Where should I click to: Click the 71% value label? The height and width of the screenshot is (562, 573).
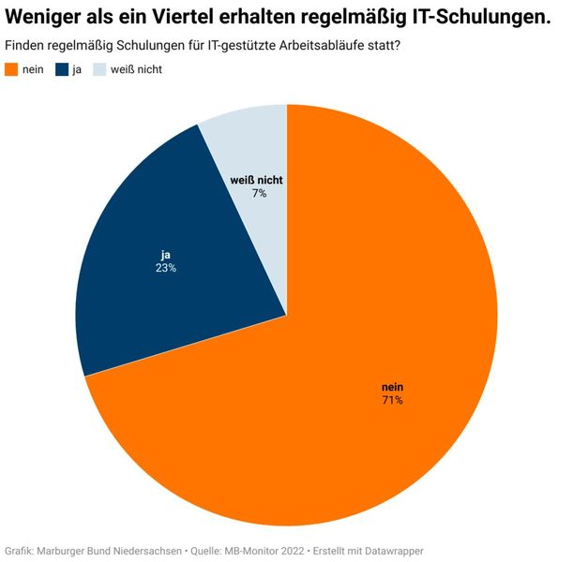point(392,400)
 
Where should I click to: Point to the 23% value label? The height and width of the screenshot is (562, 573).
point(166,267)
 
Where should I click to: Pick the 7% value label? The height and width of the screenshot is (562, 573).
point(259,193)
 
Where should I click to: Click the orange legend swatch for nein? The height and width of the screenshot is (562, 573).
point(12,69)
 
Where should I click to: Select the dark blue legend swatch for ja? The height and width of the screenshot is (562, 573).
point(63,69)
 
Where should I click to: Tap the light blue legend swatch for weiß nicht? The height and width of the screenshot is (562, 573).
point(99,69)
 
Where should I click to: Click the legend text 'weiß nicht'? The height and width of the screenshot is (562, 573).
point(137,69)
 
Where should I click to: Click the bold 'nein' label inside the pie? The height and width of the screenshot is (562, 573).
point(392,387)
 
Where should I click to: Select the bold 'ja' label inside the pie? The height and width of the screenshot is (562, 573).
point(166,254)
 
